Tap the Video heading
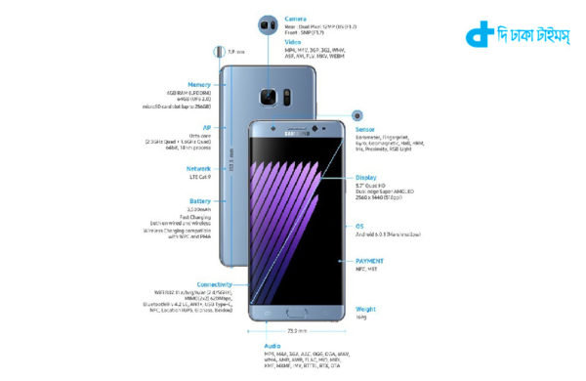(x=293, y=42)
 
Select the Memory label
(x=199, y=85)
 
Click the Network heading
(x=198, y=168)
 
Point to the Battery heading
(x=199, y=201)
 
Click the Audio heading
(x=272, y=345)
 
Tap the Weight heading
(x=366, y=309)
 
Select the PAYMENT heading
(x=371, y=262)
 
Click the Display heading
(x=367, y=178)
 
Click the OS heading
(x=359, y=226)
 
